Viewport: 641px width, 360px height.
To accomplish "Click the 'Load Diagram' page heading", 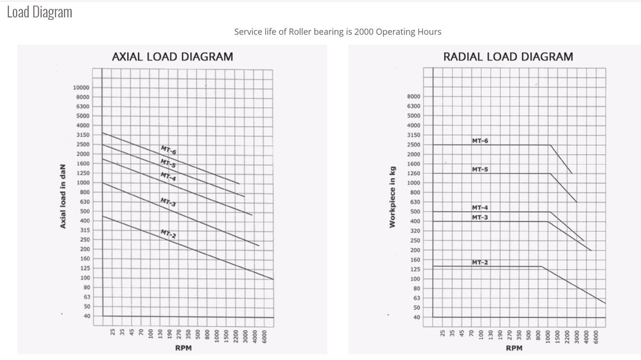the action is [40, 12].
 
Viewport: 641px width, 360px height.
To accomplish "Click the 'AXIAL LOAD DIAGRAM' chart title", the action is [173, 56].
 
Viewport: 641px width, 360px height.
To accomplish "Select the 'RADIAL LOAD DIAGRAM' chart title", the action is [508, 56].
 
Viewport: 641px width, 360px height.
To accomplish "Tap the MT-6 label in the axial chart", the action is [168, 150].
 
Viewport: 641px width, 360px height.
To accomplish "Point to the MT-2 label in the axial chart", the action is [168, 234].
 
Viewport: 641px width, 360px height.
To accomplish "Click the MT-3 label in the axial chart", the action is [168, 202].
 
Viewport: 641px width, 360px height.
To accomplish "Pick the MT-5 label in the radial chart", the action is [480, 169].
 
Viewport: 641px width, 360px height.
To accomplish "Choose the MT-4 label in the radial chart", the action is [480, 207].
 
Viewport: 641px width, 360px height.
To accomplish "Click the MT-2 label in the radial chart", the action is [480, 262].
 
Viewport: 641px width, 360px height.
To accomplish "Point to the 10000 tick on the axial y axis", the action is [81, 88].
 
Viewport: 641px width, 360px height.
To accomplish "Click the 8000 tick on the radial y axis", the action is [414, 97].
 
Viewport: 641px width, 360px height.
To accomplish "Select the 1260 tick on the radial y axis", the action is [414, 174].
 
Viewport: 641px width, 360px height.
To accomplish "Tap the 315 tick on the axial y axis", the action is [85, 230].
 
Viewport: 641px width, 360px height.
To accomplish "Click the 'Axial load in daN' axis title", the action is [63, 196].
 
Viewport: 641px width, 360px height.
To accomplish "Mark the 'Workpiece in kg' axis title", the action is [392, 197].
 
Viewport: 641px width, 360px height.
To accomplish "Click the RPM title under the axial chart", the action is [183, 348].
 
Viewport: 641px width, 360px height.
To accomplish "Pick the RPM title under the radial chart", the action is [514, 348].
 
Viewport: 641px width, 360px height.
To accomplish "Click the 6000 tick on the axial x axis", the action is [265, 337].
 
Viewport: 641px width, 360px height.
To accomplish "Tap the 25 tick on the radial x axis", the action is [442, 333].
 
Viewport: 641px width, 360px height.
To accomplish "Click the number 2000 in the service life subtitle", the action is [364, 32].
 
